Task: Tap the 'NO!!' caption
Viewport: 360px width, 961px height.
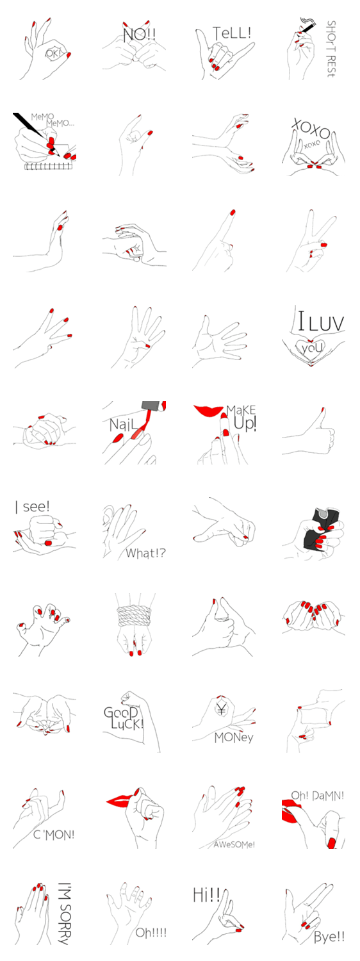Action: click(x=139, y=35)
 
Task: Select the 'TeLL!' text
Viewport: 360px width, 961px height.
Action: click(x=232, y=33)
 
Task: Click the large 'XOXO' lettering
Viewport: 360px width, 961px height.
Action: click(x=312, y=129)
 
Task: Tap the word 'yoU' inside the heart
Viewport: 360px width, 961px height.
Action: click(x=311, y=347)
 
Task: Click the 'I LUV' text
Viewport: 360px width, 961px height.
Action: click(x=321, y=322)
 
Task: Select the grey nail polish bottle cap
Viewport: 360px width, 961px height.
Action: click(x=154, y=406)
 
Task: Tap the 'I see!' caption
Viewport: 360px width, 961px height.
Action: click(x=32, y=507)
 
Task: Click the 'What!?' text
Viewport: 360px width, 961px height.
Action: click(x=145, y=553)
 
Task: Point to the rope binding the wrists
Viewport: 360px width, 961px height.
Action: click(x=135, y=616)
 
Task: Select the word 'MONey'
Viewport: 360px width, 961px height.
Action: click(x=234, y=737)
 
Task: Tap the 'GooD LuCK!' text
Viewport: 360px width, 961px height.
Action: click(x=123, y=719)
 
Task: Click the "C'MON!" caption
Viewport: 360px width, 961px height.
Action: click(x=54, y=835)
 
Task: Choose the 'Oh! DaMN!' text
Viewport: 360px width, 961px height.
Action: click(x=318, y=796)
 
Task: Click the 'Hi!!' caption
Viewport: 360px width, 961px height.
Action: click(x=206, y=895)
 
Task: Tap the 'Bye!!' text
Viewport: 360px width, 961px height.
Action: click(x=329, y=937)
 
